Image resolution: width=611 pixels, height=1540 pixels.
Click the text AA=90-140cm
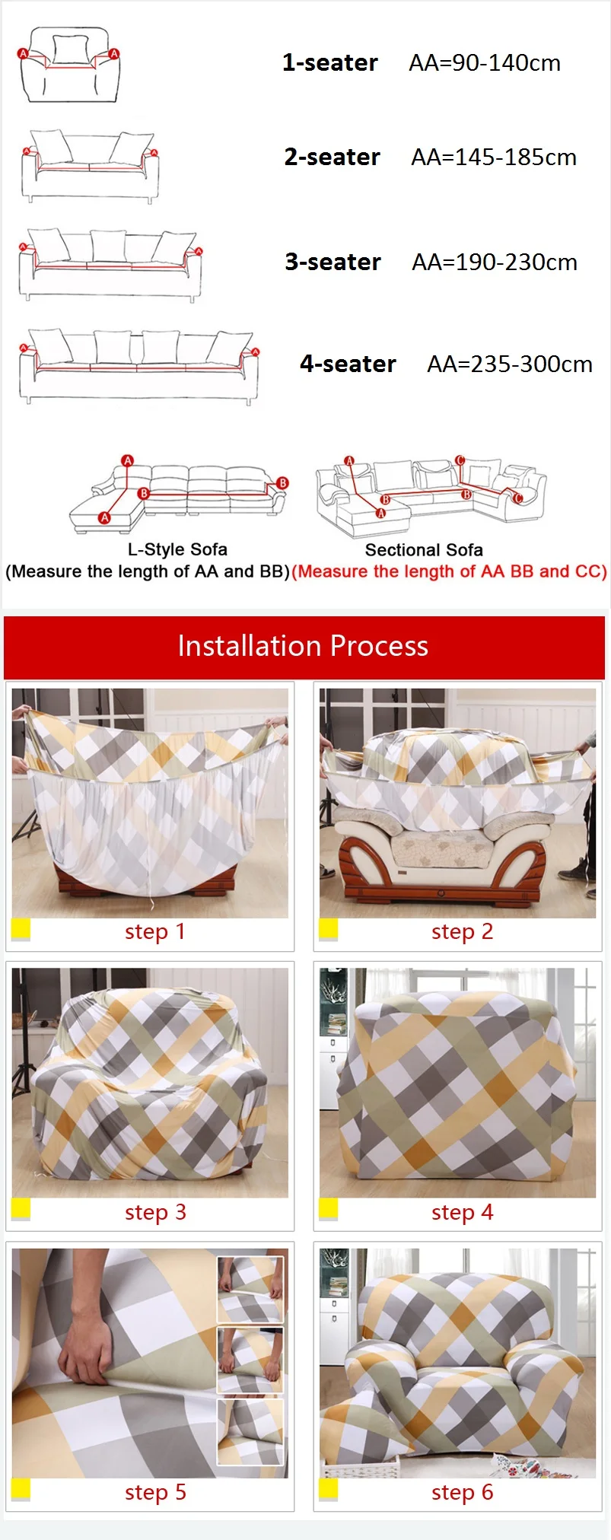pyautogui.click(x=485, y=63)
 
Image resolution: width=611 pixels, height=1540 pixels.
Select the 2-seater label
pyautogui.click(x=332, y=157)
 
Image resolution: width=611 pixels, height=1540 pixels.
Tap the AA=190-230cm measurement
pyautogui.click(x=495, y=262)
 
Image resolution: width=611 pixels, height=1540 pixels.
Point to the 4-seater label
pyautogui.click(x=348, y=364)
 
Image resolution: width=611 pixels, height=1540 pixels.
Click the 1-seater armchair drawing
pyautogui.click(x=69, y=65)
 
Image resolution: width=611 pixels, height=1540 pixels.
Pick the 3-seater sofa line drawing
pyautogui.click(x=111, y=264)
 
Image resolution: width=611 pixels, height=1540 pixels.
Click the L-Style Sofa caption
pyautogui.click(x=177, y=549)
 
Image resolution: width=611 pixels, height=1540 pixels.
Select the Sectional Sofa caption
pyautogui.click(x=424, y=550)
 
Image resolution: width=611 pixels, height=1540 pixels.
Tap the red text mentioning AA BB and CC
pyautogui.click(x=449, y=571)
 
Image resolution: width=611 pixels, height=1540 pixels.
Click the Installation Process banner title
pyautogui.click(x=303, y=646)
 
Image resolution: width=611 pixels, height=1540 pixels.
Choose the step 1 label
pyautogui.click(x=155, y=931)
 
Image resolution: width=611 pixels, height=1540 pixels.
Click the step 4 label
pyautogui.click(x=462, y=1212)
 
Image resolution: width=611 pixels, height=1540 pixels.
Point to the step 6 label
pyautogui.click(x=462, y=1492)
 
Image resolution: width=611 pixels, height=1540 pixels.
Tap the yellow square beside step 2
pyautogui.click(x=328, y=929)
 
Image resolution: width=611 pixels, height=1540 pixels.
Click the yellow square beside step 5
pyautogui.click(x=21, y=1489)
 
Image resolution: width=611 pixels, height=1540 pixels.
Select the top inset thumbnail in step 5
pyautogui.click(x=250, y=1289)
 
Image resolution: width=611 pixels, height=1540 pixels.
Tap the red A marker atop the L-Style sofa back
pyautogui.click(x=127, y=460)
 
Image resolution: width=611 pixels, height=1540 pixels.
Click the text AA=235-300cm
pyautogui.click(x=509, y=364)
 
